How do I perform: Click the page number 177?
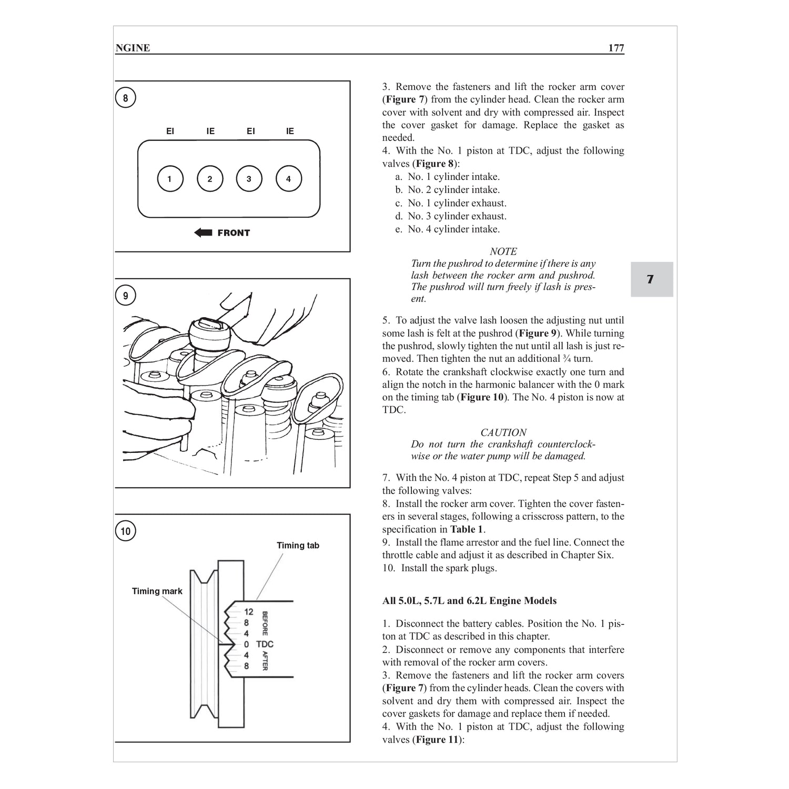(x=616, y=48)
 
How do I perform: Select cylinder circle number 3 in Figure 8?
(x=249, y=179)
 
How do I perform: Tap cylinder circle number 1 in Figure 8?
(x=169, y=179)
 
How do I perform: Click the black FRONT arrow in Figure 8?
(x=203, y=232)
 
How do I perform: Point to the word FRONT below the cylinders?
(x=234, y=233)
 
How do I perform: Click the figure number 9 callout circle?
(x=125, y=296)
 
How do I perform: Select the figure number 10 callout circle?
(x=125, y=531)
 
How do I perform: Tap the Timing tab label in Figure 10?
(x=298, y=545)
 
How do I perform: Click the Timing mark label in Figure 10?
(x=157, y=591)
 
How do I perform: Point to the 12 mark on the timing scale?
(x=249, y=612)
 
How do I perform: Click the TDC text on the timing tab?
(x=265, y=644)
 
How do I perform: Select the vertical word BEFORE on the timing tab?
(x=265, y=623)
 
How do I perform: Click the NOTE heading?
(x=503, y=251)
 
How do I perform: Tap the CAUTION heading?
(x=503, y=432)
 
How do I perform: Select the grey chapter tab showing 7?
(x=651, y=279)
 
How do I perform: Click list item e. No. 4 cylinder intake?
(x=447, y=229)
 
